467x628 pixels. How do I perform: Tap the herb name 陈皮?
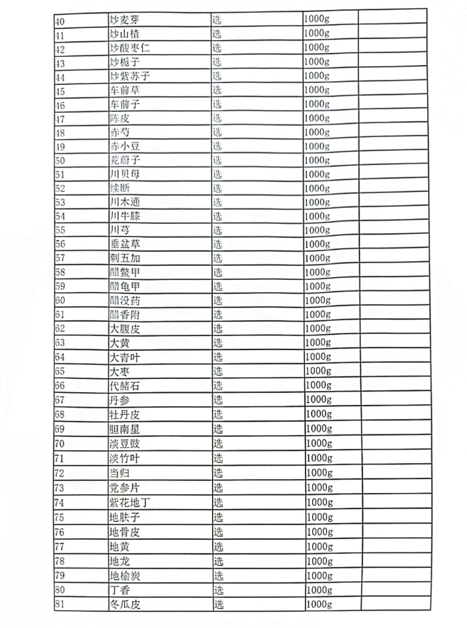(x=121, y=118)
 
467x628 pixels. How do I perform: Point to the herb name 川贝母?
(x=125, y=174)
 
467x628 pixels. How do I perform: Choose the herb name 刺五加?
(x=125, y=258)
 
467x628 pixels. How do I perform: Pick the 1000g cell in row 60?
(x=317, y=300)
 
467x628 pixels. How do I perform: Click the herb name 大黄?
(x=120, y=343)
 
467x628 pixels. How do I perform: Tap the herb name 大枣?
(x=120, y=371)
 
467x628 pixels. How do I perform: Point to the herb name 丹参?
(x=120, y=400)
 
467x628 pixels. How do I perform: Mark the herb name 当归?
(x=120, y=472)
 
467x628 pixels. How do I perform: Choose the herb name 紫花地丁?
(x=129, y=502)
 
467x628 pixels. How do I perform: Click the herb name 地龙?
(x=120, y=561)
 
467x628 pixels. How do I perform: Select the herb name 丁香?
(x=120, y=590)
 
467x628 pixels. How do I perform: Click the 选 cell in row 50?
(x=217, y=160)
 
